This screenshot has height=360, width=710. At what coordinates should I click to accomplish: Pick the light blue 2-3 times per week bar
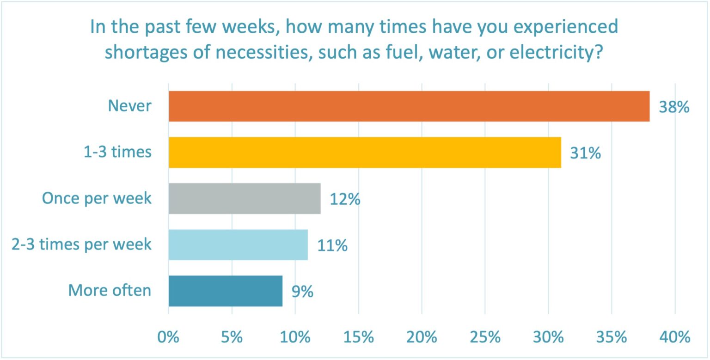click(x=238, y=244)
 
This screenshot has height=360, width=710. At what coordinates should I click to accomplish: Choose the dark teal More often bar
click(x=225, y=291)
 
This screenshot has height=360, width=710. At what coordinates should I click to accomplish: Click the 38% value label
click(x=674, y=107)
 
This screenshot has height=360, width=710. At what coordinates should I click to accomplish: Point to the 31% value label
click(x=585, y=153)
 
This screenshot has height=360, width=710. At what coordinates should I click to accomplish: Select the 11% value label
click(x=332, y=245)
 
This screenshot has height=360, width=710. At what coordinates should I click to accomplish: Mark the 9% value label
click(x=302, y=292)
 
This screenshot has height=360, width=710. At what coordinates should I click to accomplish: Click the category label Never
click(x=129, y=106)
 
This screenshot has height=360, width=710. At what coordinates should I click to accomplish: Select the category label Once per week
click(x=97, y=198)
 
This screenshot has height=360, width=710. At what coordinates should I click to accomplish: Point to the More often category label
click(x=110, y=291)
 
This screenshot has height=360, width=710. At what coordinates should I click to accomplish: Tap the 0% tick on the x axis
click(x=168, y=337)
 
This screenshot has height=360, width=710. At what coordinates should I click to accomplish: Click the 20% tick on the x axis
click(x=422, y=337)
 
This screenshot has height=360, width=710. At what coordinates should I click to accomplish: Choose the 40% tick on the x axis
click(x=675, y=337)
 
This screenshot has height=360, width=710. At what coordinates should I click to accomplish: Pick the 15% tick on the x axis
click(x=358, y=337)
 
